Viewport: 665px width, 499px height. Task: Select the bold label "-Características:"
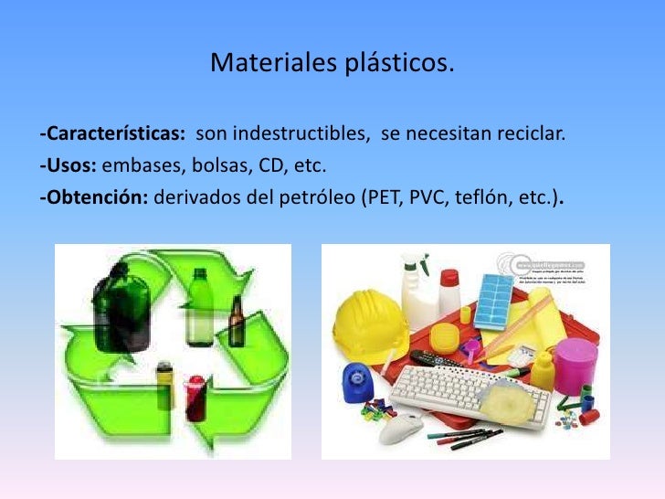(x=112, y=136)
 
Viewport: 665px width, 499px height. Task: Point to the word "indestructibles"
(x=301, y=136)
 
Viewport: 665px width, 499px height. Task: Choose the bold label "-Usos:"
(x=69, y=167)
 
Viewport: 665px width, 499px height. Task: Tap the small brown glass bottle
(x=237, y=324)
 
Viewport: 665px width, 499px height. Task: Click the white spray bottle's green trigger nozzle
(x=414, y=263)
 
